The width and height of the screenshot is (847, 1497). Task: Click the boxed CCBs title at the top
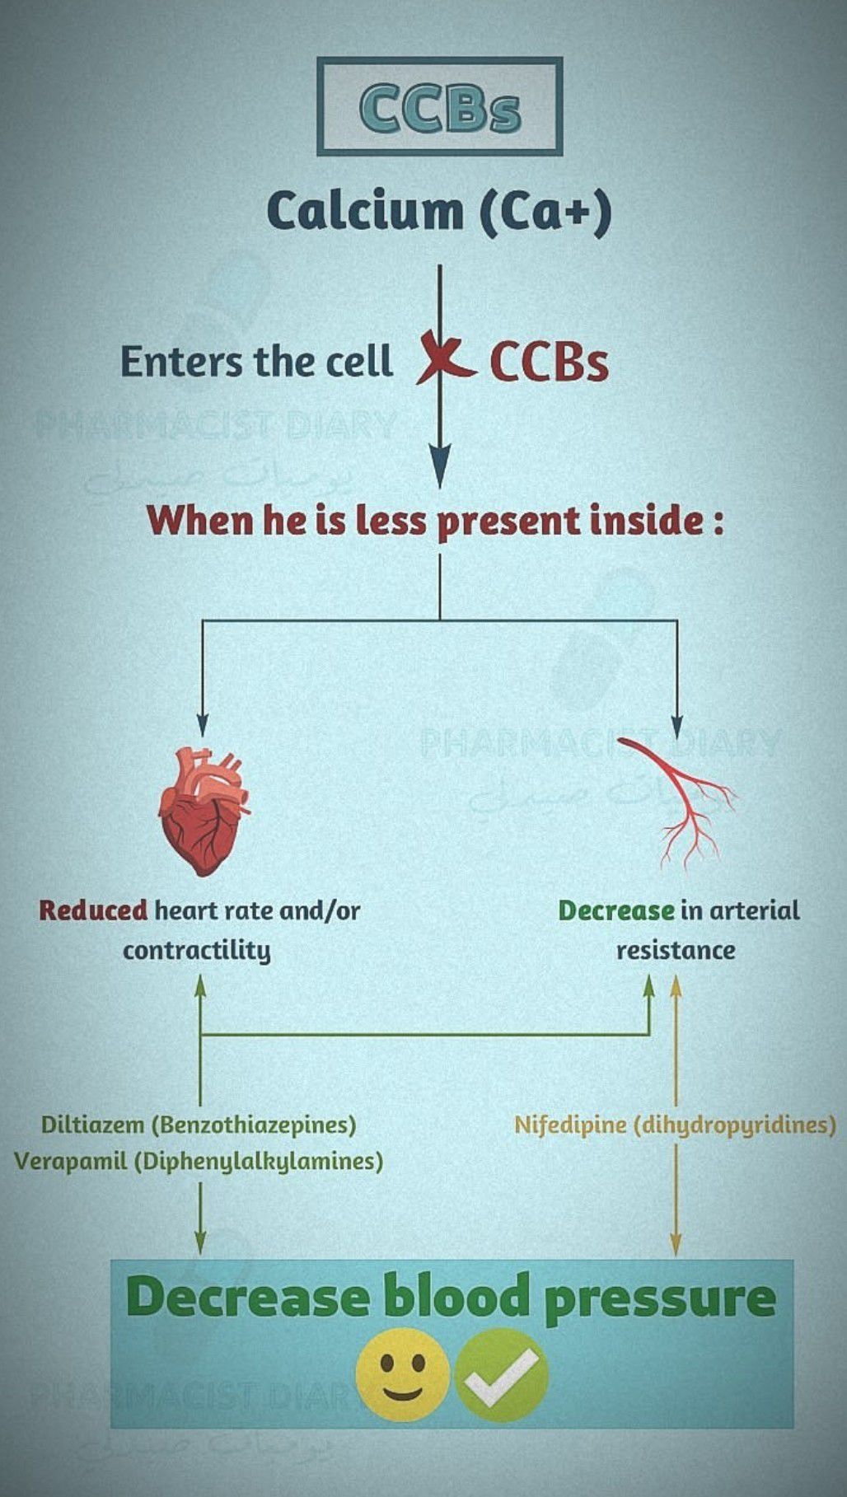pyautogui.click(x=440, y=107)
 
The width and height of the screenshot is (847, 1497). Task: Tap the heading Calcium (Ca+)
pyautogui.click(x=440, y=211)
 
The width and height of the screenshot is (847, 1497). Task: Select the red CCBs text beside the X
pyautogui.click(x=549, y=362)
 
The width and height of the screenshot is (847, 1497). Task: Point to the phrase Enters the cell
pyautogui.click(x=256, y=362)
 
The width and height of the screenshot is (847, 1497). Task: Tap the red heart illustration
pyautogui.click(x=203, y=811)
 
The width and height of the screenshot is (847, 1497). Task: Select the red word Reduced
pyautogui.click(x=93, y=910)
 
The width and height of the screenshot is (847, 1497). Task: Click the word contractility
pyautogui.click(x=197, y=951)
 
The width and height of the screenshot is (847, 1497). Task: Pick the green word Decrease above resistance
pyautogui.click(x=616, y=910)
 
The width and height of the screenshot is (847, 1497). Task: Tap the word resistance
pyautogui.click(x=676, y=951)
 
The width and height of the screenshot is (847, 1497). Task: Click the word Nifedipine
pyautogui.click(x=570, y=1125)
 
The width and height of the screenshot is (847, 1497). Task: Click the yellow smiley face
pyautogui.click(x=402, y=1375)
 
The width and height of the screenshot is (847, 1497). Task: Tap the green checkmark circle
pyautogui.click(x=501, y=1375)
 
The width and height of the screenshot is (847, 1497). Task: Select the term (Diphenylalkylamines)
pyautogui.click(x=258, y=1162)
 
